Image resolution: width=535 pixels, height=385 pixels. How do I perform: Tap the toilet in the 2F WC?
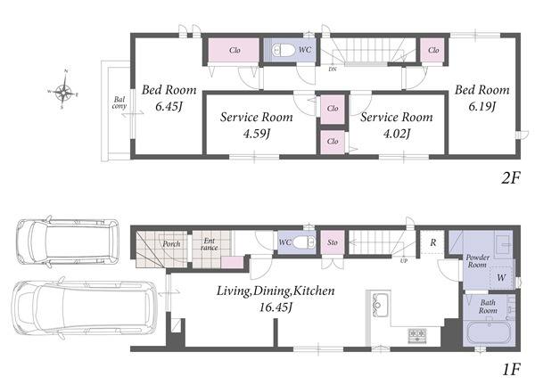pos(283,51)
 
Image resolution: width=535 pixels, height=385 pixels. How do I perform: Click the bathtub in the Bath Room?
pos(489,332)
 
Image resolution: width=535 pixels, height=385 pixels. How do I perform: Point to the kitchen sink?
pos(380,303)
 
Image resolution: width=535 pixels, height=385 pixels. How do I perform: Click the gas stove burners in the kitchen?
pos(417,334)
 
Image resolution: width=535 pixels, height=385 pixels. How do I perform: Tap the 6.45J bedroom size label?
pos(169,107)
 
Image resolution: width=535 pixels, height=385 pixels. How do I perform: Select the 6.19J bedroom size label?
pos(481,107)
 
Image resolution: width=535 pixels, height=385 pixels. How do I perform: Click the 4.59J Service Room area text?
pos(257,134)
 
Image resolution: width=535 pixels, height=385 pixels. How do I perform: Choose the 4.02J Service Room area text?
pos(397,134)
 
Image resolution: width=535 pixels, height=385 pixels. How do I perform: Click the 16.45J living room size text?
pos(276,307)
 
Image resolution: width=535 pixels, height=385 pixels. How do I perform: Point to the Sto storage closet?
pos(333,242)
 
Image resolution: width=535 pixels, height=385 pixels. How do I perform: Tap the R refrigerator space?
pos(433,242)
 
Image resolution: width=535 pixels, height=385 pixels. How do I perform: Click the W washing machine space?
pos(501,277)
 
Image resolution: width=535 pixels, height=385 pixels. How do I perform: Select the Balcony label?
pos(119,102)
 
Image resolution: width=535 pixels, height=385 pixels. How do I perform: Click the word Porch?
pos(171,244)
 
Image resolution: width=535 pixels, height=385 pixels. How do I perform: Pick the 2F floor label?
pos(510,177)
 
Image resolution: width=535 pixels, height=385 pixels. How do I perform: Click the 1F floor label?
pos(511,370)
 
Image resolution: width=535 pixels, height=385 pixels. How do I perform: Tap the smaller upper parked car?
pos(68,242)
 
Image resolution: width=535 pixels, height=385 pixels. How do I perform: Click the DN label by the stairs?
pos(333,70)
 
